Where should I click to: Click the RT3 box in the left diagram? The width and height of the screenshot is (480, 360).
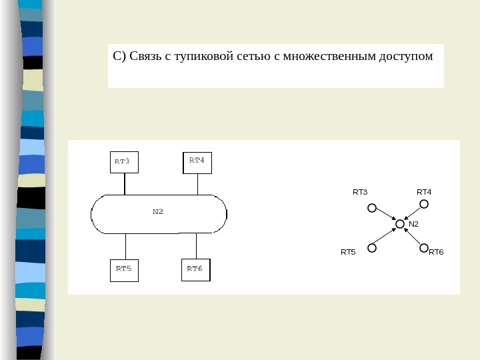point(123,161)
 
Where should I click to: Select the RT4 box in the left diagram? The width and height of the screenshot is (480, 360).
point(197,161)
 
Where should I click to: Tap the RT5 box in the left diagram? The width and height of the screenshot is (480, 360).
point(123,269)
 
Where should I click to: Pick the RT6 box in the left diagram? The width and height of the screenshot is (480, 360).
point(196,269)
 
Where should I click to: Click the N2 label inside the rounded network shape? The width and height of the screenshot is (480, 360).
point(158,212)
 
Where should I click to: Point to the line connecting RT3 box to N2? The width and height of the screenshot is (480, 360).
point(124,183)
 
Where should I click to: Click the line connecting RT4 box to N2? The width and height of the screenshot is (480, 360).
point(197,183)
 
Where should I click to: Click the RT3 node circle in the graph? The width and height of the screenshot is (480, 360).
point(372,207)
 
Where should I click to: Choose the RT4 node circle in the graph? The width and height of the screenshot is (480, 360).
point(423,204)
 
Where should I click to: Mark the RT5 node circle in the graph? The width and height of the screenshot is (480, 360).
point(372,248)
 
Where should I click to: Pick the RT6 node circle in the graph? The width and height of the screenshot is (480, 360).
point(423,248)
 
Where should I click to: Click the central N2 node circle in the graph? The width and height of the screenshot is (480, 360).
point(400,225)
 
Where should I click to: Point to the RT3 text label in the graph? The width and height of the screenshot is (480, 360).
point(360,192)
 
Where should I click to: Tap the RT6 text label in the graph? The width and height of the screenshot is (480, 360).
point(436,253)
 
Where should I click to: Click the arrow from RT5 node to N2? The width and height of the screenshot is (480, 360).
point(386,237)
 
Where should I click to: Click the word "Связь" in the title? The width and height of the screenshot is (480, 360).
point(145,56)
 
